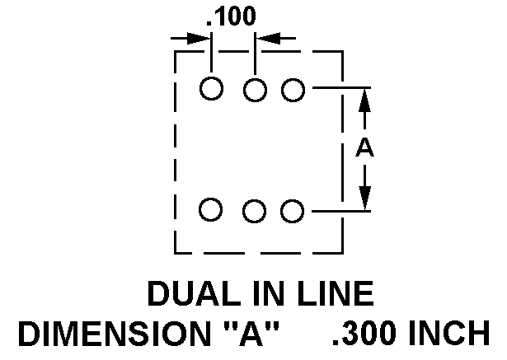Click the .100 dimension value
point(231,16)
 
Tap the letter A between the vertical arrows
point(364,147)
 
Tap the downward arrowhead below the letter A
point(364,199)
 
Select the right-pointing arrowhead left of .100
point(199,39)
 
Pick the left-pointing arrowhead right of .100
point(268,38)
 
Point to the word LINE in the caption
point(336,293)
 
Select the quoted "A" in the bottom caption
point(251,333)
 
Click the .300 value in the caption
point(364,333)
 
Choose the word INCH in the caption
point(449,333)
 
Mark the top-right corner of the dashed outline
point(343,51)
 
